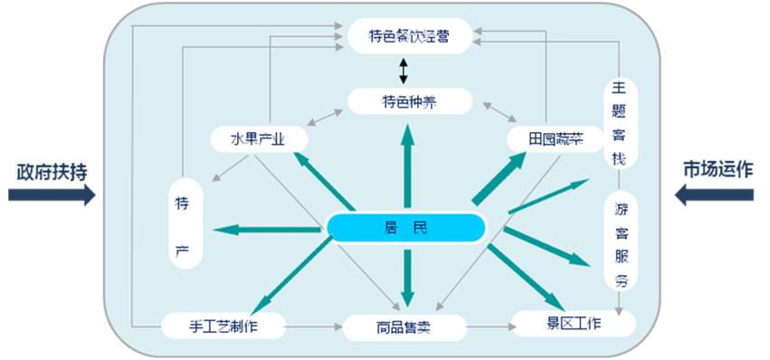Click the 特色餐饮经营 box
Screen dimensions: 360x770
coord(409,36)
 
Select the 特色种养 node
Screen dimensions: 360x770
coord(409,100)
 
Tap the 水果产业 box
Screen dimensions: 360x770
coord(258,139)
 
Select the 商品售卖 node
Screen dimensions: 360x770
coord(404,327)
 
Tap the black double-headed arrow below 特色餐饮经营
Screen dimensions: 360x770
coord(404,69)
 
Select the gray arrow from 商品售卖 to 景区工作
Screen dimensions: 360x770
coord(489,326)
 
